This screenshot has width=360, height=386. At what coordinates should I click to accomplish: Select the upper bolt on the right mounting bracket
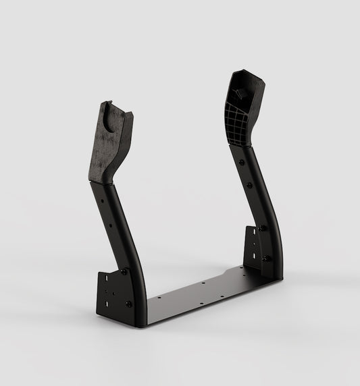261,228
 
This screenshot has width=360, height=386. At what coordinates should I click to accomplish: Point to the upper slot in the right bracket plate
253,233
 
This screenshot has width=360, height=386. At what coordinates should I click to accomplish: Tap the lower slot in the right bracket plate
254,255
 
